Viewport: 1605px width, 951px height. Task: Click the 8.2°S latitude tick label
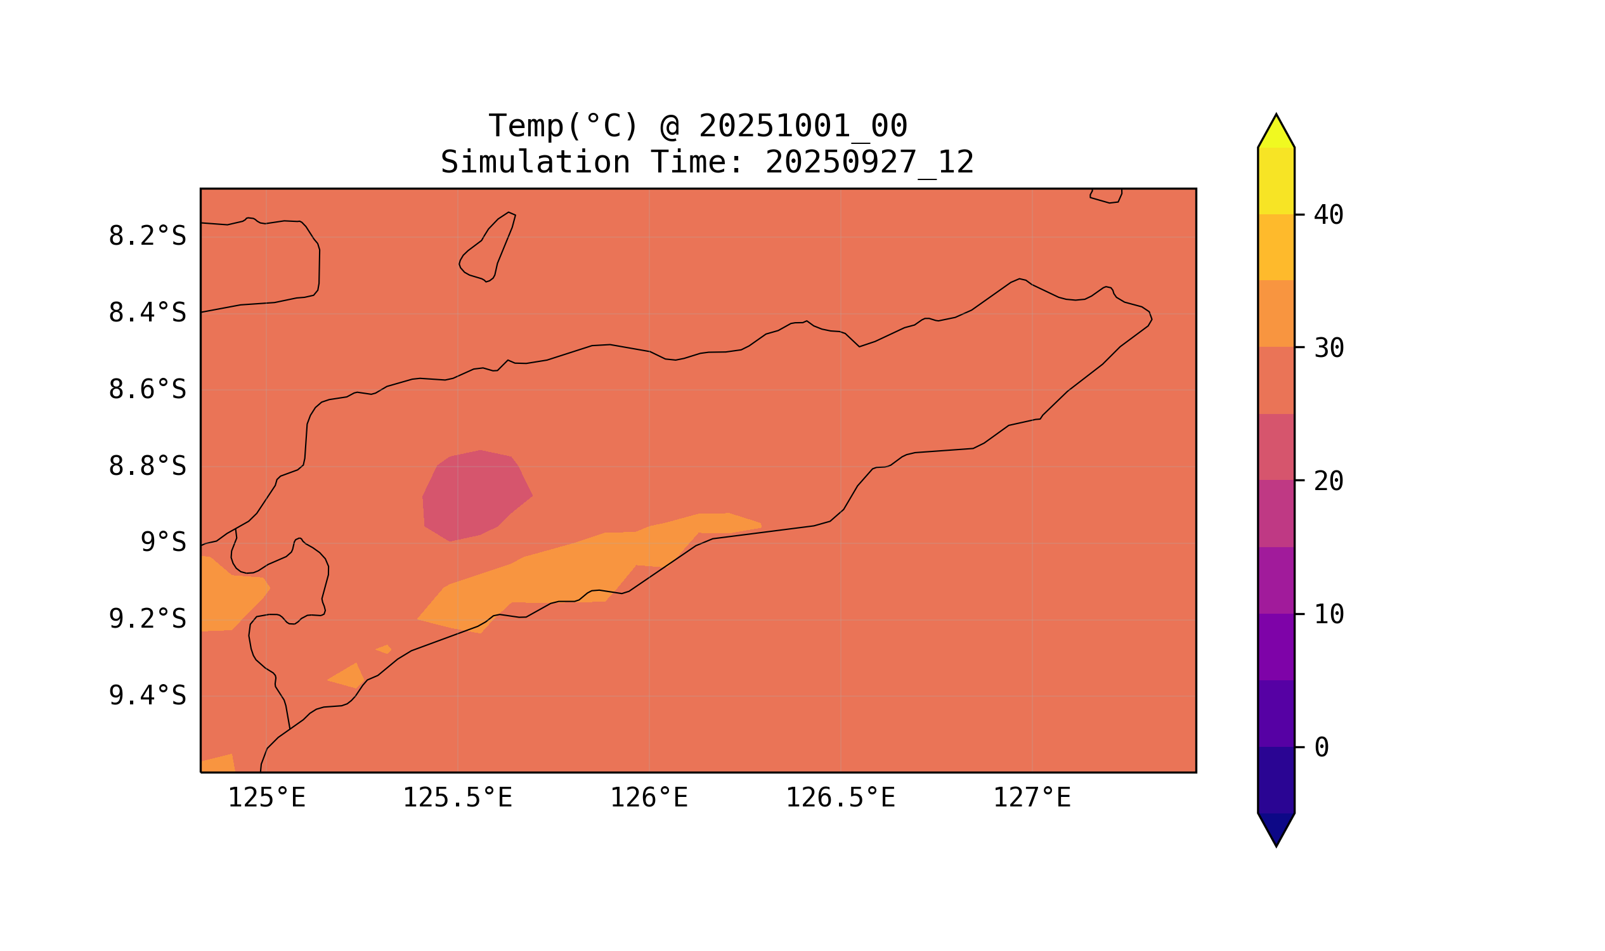tap(146, 236)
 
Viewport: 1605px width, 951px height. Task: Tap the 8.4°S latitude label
tap(146, 313)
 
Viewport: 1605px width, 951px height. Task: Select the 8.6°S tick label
tap(146, 391)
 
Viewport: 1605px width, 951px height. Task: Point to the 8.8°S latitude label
tap(146, 467)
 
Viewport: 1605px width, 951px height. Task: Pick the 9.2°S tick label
tap(146, 619)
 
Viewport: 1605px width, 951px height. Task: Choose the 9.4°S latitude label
tap(146, 696)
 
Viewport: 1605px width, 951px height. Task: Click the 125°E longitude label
tap(266, 798)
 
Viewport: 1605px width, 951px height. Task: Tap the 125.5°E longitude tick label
tap(457, 798)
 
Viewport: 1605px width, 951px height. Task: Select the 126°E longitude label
tap(649, 798)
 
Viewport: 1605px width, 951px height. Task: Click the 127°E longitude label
tap(1031, 798)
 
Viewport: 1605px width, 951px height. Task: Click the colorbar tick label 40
tap(1328, 216)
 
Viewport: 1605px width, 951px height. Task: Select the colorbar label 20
tap(1328, 482)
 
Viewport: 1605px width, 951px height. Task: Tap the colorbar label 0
tap(1321, 748)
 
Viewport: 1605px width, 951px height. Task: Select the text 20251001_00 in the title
tap(803, 126)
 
